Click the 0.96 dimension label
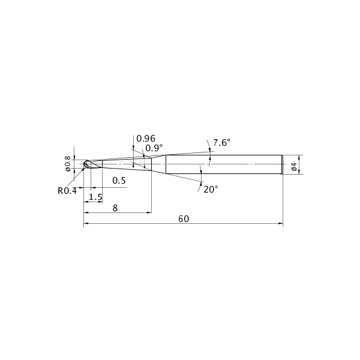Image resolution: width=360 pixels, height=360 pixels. [x=146, y=139]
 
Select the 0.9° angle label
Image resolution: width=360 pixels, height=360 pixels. [x=154, y=148]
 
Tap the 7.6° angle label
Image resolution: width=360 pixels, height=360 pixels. [x=221, y=143]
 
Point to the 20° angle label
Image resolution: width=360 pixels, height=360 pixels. [x=211, y=190]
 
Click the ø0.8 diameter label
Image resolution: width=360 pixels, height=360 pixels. [x=68, y=163]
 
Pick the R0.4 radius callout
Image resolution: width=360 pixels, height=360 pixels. [x=67, y=191]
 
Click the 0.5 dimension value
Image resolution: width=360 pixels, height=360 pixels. [x=119, y=181]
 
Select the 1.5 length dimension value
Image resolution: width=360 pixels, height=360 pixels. [x=95, y=197]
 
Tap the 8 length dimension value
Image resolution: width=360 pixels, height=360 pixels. [x=115, y=208]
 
